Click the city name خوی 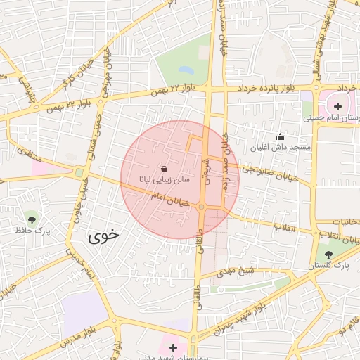[x=103, y=236]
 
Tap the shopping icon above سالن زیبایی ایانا [x=164, y=169]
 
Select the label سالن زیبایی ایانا [x=164, y=180]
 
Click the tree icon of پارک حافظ [x=32, y=217]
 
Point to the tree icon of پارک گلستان [x=329, y=254]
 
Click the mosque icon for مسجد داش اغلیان [x=281, y=136]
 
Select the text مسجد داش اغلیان [x=281, y=148]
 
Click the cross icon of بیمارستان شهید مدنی [x=174, y=347]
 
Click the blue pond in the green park [x=185, y=70]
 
